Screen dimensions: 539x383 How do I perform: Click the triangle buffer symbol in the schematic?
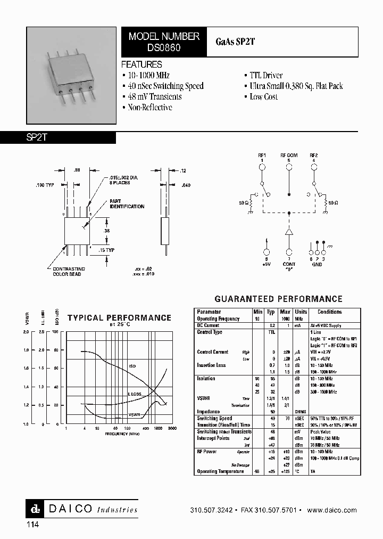coord(289,232)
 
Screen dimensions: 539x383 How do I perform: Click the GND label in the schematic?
coord(317,265)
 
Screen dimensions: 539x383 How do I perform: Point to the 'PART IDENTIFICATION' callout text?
coord(127,203)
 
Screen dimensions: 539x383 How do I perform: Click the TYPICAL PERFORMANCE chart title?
coord(119,317)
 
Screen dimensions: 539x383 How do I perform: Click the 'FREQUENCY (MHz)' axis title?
coord(116,434)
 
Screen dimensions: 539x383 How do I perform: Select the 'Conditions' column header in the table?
coord(329,312)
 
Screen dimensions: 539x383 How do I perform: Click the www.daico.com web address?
coord(331,510)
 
